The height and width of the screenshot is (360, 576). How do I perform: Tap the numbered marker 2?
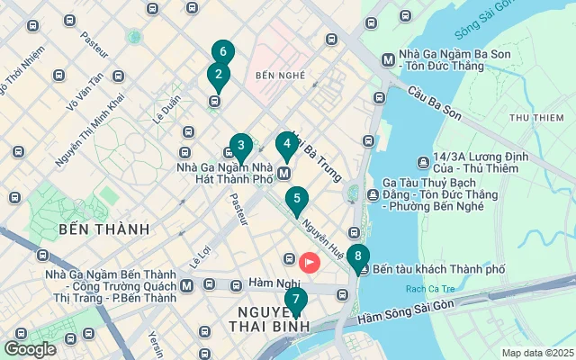217,76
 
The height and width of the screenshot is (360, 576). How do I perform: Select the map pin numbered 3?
240,146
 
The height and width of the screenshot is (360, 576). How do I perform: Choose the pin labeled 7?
295,300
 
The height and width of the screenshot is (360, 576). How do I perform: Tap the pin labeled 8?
357,256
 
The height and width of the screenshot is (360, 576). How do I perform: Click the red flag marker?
309,263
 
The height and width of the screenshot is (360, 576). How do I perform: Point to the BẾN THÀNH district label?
103,229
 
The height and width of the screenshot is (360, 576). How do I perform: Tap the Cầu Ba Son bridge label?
433,103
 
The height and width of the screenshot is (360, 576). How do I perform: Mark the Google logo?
31,349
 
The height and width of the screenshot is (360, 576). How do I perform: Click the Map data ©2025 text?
536,353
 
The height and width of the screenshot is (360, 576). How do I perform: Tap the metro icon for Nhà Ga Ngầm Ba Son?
388,60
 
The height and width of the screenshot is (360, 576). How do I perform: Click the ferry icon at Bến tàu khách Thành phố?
362,269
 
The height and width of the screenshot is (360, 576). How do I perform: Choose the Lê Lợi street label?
199,256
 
